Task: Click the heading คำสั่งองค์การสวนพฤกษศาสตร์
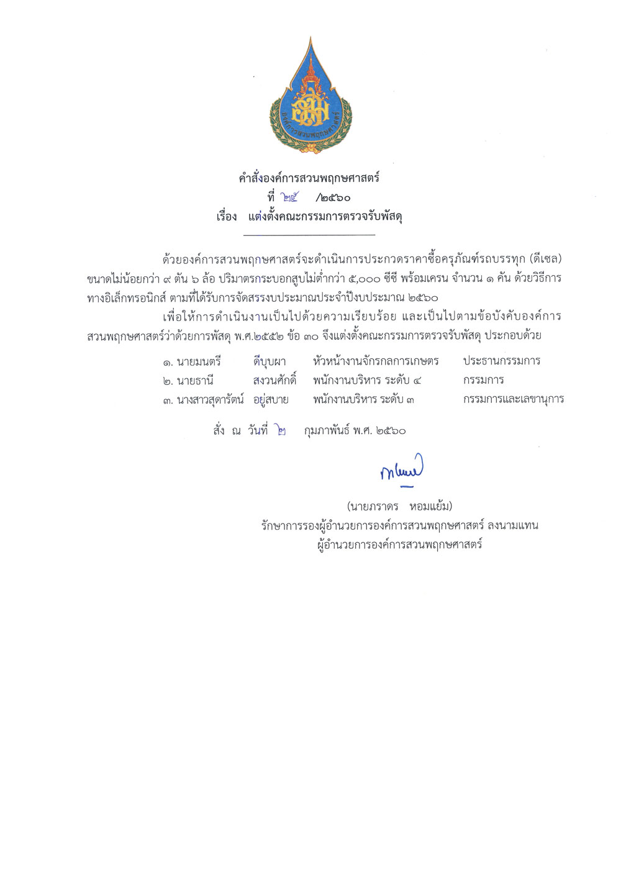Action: click(x=309, y=179)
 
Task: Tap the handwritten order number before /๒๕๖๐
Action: click(x=289, y=198)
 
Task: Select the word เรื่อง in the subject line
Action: click(x=227, y=217)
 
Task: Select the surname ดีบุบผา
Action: click(x=270, y=361)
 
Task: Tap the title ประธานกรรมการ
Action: click(x=502, y=361)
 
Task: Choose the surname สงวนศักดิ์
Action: click(x=274, y=380)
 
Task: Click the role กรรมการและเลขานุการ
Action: click(x=514, y=399)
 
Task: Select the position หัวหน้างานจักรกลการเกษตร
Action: click(x=376, y=361)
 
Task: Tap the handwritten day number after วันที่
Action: click(x=282, y=430)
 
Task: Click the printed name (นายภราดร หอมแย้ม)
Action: click(x=400, y=506)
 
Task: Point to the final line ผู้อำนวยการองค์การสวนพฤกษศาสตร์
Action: click(x=399, y=545)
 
